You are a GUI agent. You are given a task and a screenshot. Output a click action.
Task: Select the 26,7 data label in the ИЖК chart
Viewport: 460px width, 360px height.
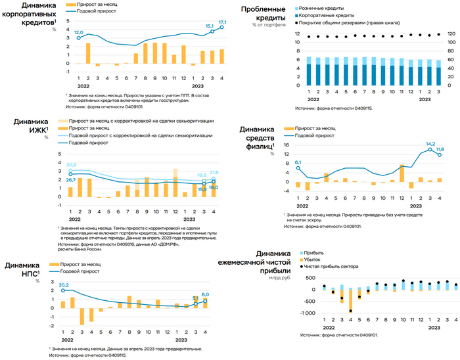[70, 179]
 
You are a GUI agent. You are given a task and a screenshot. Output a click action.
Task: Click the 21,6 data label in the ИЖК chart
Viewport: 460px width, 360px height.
[214, 172]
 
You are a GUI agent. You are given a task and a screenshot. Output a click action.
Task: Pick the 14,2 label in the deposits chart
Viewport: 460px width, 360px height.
[431, 143]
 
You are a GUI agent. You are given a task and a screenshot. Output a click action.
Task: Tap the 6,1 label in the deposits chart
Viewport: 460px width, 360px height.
[298, 162]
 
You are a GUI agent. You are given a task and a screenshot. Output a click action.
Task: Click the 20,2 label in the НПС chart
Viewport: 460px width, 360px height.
[63, 284]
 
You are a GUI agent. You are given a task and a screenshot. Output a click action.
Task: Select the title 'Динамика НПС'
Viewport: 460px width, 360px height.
[24, 270]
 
